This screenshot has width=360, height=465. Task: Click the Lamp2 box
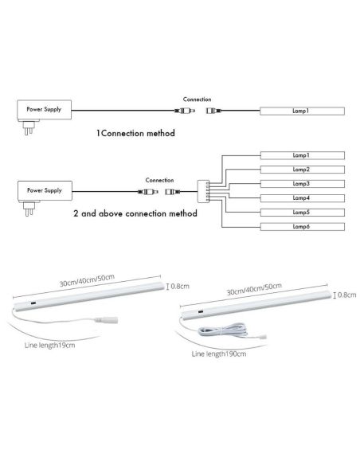[303, 170]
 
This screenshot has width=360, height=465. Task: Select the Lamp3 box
[303, 184]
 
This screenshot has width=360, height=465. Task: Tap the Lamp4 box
[303, 198]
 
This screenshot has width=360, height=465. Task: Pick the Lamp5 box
[303, 213]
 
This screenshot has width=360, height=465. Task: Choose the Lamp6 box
[303, 227]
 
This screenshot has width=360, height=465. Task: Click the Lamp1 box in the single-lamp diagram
[303, 111]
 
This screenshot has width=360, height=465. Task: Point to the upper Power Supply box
[44, 109]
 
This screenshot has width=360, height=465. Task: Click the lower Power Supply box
[45, 190]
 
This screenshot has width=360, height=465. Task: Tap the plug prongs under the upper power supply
[29, 128]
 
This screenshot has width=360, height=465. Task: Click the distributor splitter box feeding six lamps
[203, 192]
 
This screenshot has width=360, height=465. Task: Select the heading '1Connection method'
[135, 133]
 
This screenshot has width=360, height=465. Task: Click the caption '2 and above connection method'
[135, 213]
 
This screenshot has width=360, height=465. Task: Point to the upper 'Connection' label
[198, 100]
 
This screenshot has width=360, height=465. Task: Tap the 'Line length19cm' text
[50, 346]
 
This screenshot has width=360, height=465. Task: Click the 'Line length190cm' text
[219, 354]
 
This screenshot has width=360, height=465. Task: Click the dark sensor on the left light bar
[33, 303]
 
